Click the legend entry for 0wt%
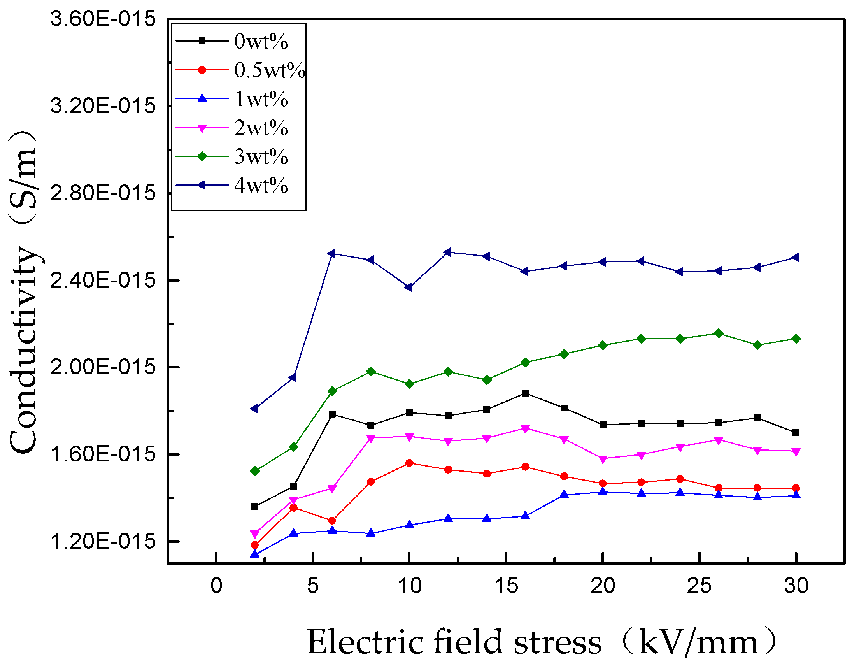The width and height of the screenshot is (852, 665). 261,41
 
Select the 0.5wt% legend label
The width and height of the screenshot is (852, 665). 269,70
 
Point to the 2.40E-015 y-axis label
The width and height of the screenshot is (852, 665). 103,280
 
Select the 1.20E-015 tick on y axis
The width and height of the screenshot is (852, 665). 103,541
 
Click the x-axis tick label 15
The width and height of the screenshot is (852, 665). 506,586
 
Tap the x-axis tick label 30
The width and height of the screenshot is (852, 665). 796,586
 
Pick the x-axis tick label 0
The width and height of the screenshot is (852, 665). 216,586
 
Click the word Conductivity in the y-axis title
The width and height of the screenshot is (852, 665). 24,351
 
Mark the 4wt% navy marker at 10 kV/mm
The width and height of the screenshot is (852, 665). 409,288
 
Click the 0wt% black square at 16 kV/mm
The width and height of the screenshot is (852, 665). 525,393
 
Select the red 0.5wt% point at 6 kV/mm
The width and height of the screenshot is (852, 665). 332,520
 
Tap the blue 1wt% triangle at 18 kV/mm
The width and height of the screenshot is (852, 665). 564,495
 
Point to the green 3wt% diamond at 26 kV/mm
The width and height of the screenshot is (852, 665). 718,333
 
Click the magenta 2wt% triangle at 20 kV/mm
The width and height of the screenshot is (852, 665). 602,459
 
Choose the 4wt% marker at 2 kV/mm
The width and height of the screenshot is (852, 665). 255,409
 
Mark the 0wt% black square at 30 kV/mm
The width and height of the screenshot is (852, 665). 796,432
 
